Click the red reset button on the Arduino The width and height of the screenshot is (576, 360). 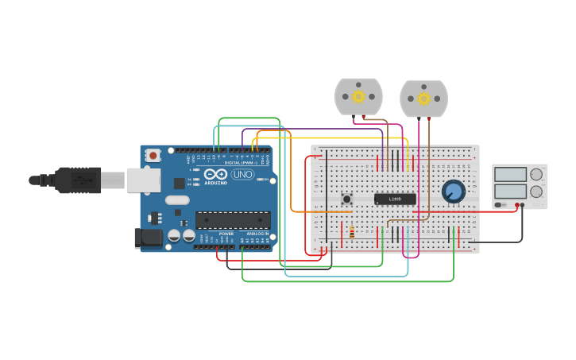pyautogui.click(x=153, y=155)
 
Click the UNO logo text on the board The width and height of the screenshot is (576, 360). pyautogui.click(x=242, y=174)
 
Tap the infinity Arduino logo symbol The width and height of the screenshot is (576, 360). pyautogui.click(x=215, y=174)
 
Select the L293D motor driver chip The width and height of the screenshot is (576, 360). pyautogui.click(x=395, y=199)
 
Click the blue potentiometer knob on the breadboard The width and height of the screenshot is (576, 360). pyautogui.click(x=453, y=191)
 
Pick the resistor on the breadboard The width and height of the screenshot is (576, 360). pyautogui.click(x=352, y=233)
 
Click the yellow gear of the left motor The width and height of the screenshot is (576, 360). pyautogui.click(x=358, y=96)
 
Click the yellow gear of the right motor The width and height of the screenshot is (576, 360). pyautogui.click(x=423, y=99)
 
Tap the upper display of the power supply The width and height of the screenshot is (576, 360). pyautogui.click(x=510, y=174)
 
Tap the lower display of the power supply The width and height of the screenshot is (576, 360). pyautogui.click(x=510, y=191)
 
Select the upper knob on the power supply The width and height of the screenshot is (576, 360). pyautogui.click(x=536, y=174)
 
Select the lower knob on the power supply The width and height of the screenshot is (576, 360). pyautogui.click(x=536, y=191)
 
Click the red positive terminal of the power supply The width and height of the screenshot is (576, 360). pyautogui.click(x=516, y=205)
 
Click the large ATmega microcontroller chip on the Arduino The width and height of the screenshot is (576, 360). pyautogui.click(x=232, y=220)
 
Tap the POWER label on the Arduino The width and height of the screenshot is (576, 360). pyautogui.click(x=226, y=234)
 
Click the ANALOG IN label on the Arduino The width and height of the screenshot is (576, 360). pyautogui.click(x=257, y=234)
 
